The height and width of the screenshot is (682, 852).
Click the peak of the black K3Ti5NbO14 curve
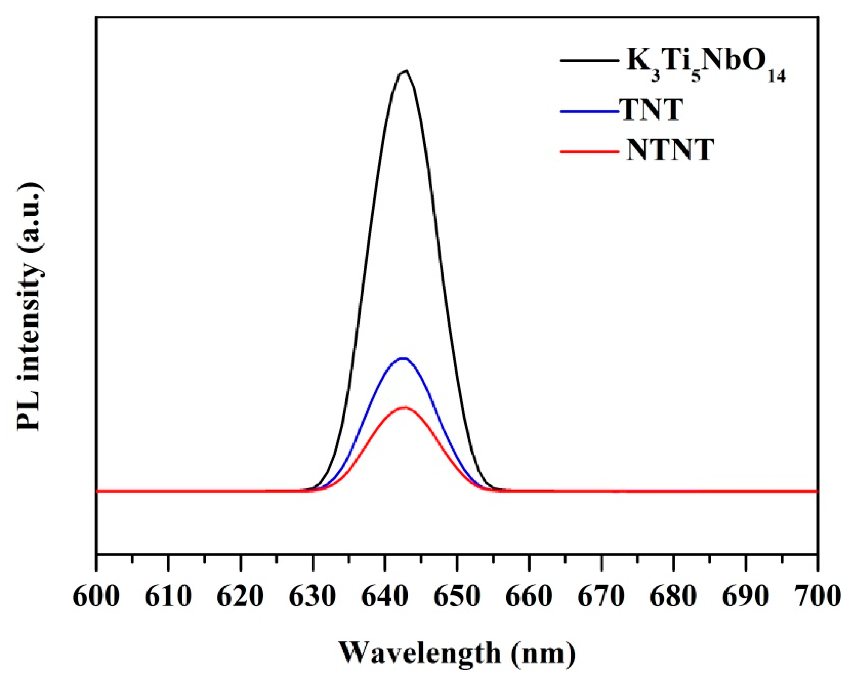(405, 71)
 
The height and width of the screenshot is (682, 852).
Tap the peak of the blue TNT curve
(403, 358)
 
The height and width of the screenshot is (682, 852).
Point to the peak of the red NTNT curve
(404, 407)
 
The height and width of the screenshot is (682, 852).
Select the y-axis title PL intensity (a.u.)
(30, 307)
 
